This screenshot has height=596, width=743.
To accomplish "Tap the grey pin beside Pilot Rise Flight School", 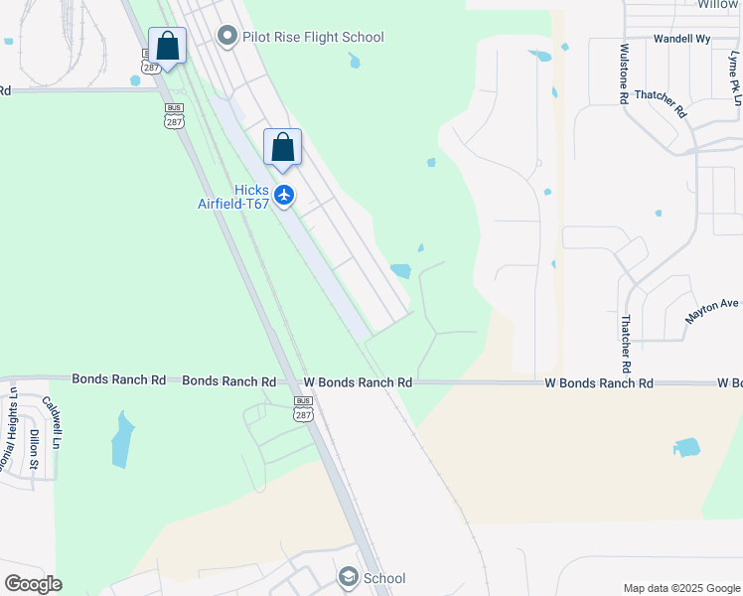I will click(x=227, y=38).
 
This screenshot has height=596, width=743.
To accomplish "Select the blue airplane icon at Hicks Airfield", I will click(x=285, y=194).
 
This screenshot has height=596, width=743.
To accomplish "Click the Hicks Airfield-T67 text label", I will click(x=234, y=197).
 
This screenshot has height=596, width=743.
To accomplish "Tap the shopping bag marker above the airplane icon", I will click(x=283, y=148).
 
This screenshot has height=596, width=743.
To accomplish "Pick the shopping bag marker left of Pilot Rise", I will click(x=168, y=47).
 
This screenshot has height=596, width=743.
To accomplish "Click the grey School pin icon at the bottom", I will click(x=348, y=577).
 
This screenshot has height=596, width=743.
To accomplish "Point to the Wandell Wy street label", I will click(x=681, y=39).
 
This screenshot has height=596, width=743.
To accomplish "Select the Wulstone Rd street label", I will click(x=624, y=74).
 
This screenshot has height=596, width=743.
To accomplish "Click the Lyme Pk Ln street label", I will click(x=734, y=79).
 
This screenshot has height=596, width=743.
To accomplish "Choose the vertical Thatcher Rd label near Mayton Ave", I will click(x=626, y=339).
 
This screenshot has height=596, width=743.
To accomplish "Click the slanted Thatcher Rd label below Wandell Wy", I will click(x=661, y=103).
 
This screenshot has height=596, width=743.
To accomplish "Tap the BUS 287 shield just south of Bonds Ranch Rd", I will click(x=304, y=408).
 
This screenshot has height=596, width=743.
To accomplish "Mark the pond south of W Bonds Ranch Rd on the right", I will click(x=686, y=447).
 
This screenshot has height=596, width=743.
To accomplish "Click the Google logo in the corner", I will click(x=33, y=583).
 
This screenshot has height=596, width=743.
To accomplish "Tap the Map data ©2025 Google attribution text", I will click(x=680, y=588).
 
